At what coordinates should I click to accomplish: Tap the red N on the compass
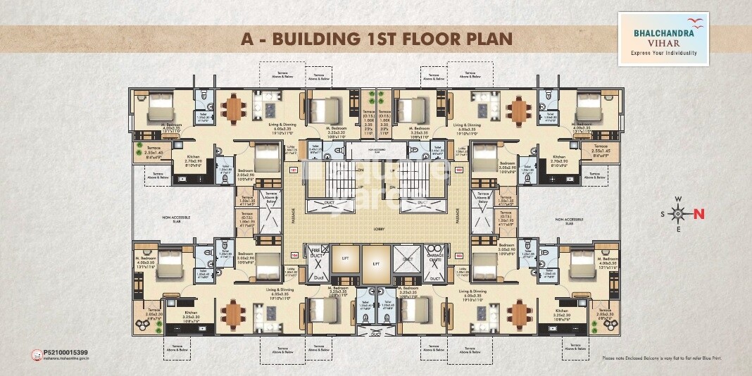[699, 215]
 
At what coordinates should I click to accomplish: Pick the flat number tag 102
[458, 170]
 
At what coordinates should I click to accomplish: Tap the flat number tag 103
[458, 256]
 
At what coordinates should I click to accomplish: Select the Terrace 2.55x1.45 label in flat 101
[153, 151]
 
